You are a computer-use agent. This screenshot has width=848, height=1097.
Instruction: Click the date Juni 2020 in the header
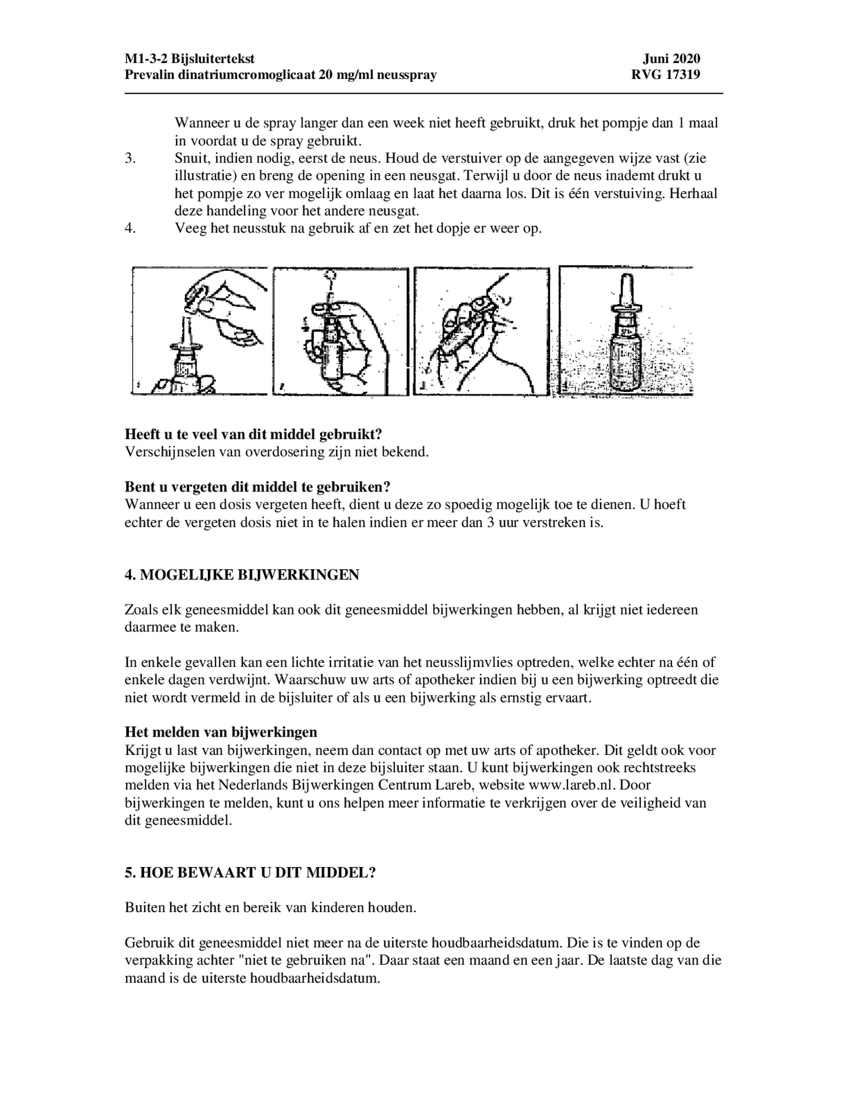[x=671, y=59]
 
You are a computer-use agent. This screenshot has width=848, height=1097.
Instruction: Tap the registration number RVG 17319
[x=665, y=75]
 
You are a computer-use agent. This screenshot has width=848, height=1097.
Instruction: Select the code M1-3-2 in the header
[x=146, y=59]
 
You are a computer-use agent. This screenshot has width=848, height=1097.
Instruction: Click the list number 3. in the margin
[x=131, y=158]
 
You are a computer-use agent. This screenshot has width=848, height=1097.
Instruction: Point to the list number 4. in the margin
[x=131, y=229]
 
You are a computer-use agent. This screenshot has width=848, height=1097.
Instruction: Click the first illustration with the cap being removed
[x=199, y=331]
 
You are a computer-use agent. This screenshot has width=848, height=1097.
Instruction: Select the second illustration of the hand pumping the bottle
[x=341, y=331]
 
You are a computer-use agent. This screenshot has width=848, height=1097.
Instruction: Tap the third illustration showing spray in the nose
[x=481, y=331]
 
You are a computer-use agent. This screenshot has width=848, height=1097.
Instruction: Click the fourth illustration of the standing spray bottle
[x=625, y=331]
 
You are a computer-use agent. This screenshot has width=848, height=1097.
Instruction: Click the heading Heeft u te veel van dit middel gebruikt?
[x=253, y=435]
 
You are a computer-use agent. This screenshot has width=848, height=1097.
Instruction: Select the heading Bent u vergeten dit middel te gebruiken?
[x=258, y=487]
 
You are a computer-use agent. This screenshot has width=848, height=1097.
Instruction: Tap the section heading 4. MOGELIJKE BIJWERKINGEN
[x=242, y=575]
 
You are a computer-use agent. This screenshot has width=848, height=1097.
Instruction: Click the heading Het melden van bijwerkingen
[x=221, y=732]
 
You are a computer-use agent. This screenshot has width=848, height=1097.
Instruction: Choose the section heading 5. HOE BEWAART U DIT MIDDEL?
[x=250, y=873]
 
